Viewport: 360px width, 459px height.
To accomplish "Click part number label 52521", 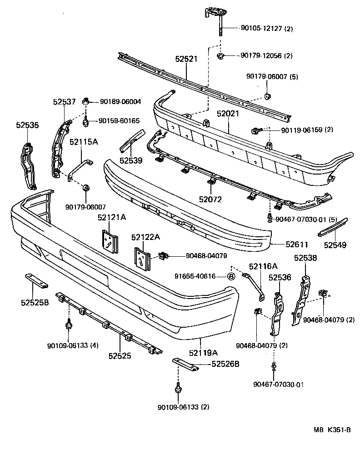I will coord(186,59).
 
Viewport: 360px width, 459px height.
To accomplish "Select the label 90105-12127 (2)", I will coord(266,29).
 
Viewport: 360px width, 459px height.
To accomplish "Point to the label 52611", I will coord(297,244).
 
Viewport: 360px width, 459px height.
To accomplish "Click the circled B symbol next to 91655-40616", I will coord(230,276).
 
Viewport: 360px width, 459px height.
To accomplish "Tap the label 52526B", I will coord(225,364).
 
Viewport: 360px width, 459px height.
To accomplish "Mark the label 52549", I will coord(335,245).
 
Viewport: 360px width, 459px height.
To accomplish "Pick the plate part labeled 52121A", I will coord(109,240).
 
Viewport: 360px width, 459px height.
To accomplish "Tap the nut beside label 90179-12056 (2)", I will coord(220,56).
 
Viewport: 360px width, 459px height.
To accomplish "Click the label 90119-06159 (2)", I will coord(307,130).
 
